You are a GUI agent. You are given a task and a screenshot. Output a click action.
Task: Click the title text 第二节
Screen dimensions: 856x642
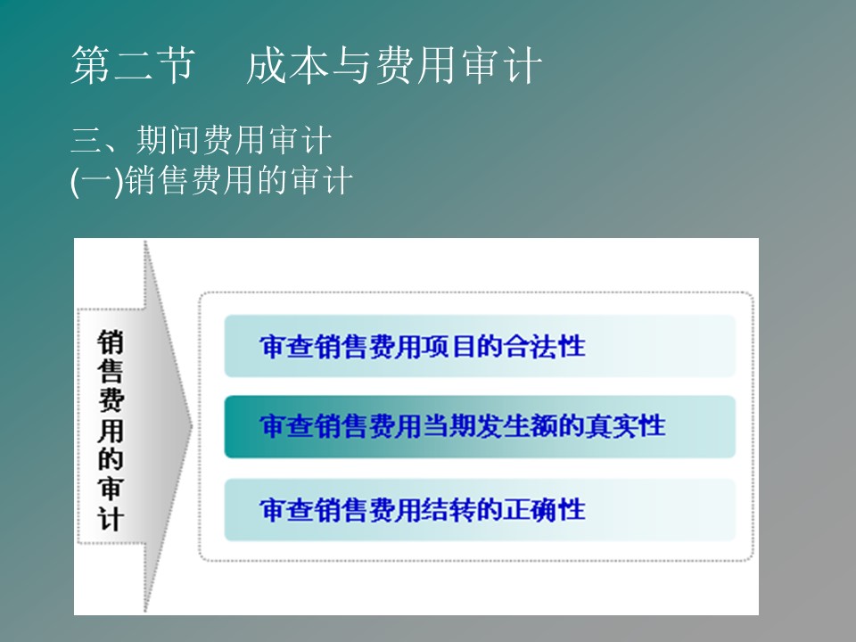tap(133, 65)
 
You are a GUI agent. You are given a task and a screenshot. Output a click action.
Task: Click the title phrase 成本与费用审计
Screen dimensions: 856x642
tap(393, 65)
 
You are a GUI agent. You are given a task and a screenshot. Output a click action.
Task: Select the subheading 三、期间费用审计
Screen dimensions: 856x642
tap(201, 140)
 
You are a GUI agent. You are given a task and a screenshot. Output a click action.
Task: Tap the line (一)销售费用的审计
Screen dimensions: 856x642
tap(211, 180)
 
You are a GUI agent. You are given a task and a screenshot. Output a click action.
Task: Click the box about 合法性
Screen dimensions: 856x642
tap(480, 346)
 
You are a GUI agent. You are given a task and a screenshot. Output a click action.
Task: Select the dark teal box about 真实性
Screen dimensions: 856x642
tap(480, 426)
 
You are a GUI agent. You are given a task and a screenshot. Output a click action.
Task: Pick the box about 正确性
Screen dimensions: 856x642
tap(480, 510)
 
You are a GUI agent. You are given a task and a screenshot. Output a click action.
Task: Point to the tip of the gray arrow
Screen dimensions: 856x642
tap(193, 427)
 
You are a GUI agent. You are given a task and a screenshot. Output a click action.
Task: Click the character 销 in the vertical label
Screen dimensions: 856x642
tap(111, 342)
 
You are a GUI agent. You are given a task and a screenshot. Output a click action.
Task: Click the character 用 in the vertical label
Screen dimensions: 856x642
tap(111, 431)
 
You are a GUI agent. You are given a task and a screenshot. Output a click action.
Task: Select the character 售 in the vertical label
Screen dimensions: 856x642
tap(111, 371)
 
